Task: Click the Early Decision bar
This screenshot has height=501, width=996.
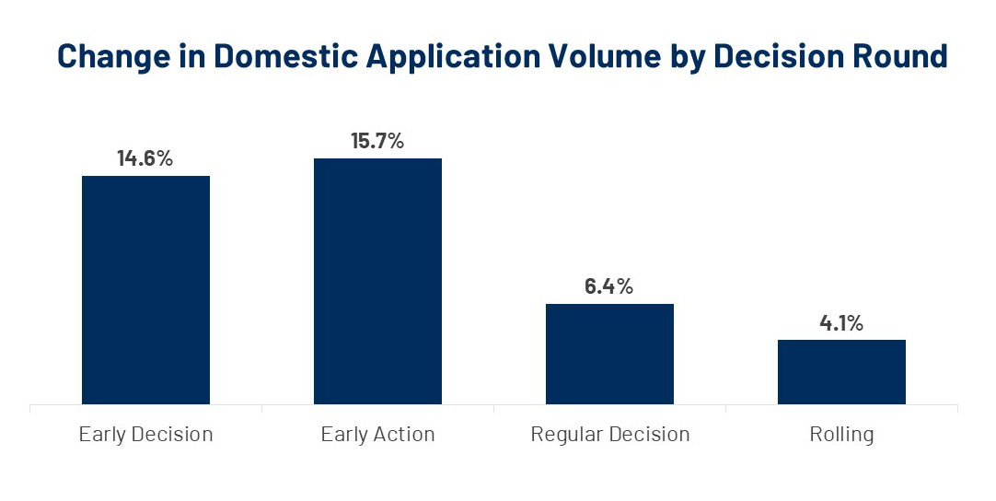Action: point(145,289)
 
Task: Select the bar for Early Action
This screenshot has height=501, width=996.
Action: point(377,281)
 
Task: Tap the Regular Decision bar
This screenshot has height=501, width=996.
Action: point(609,354)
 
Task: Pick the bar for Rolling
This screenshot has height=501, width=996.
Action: point(841,371)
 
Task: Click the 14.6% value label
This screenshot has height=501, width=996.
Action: point(145,158)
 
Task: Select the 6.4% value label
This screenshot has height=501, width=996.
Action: point(609,286)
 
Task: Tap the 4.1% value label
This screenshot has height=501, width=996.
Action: point(841,323)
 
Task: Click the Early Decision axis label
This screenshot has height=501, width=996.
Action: point(145,434)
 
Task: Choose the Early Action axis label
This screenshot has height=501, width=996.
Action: point(377,434)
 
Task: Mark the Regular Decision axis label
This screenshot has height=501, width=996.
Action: point(609,434)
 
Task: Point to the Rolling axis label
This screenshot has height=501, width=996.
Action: point(841,434)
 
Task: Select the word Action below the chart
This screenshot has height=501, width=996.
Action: point(404,434)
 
